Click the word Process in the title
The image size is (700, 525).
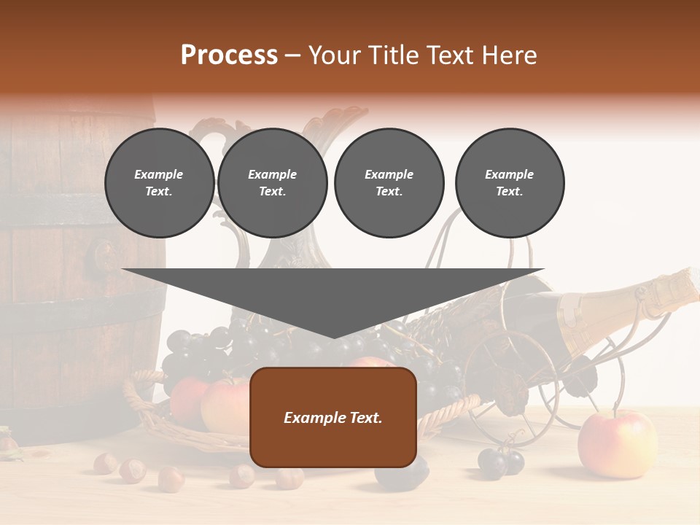tap(229, 55)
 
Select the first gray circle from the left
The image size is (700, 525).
tap(159, 183)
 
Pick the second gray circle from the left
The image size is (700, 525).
tap(272, 183)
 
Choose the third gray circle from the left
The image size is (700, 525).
tap(389, 183)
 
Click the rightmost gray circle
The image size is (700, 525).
tap(509, 183)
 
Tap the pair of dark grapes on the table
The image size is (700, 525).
tap(502, 461)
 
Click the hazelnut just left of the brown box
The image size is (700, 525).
tap(241, 475)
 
